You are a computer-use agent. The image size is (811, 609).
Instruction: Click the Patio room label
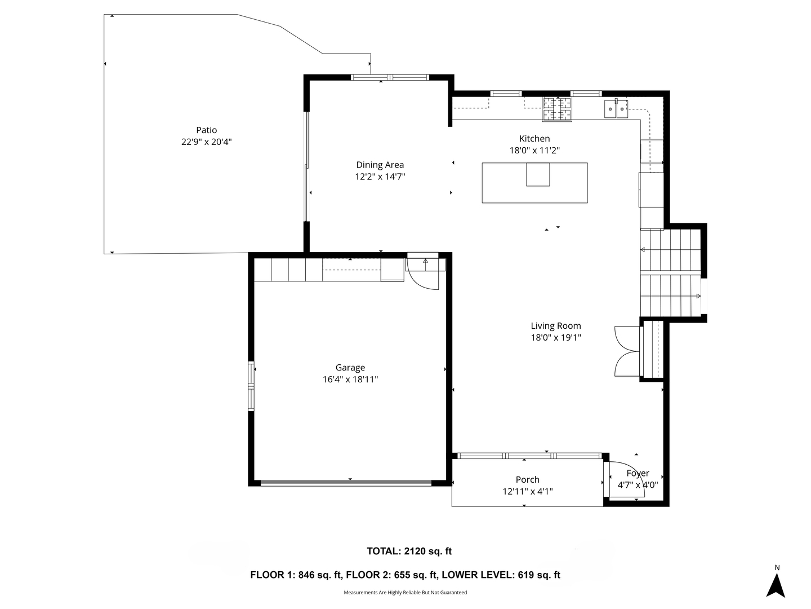206,130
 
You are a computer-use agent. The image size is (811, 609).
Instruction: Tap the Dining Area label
380,165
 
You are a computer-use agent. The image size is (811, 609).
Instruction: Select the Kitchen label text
534,138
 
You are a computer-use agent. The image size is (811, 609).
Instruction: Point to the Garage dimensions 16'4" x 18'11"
350,379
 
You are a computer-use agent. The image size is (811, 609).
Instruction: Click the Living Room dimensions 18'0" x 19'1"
556,337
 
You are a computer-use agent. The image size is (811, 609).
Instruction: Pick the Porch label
527,479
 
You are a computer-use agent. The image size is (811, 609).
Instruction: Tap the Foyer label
638,473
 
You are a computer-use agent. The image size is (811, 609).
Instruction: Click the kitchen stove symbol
556,109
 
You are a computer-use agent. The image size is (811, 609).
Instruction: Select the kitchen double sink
616,109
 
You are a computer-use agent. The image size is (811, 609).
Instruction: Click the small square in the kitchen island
538,174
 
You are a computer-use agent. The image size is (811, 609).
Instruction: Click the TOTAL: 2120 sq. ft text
409,551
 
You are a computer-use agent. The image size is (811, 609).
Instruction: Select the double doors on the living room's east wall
627,351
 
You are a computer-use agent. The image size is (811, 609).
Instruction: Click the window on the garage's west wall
251,386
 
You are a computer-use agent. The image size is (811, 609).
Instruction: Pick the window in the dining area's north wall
389,77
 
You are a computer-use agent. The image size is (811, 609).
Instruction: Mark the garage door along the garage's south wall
346,483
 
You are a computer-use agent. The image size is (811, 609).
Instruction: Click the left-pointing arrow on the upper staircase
643,250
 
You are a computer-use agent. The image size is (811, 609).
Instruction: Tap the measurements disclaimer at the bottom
405,592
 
